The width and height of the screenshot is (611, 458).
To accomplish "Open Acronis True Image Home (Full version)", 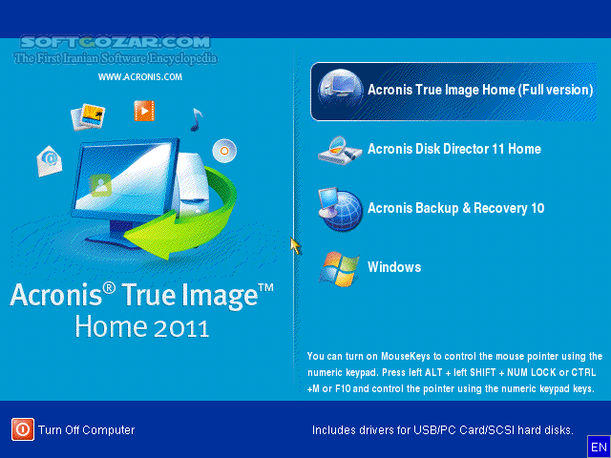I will (x=480, y=91).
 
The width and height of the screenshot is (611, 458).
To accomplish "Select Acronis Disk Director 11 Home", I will (x=454, y=149).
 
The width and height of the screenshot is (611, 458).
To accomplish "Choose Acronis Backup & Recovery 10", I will (x=455, y=208).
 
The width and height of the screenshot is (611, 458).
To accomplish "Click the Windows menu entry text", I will (x=394, y=267).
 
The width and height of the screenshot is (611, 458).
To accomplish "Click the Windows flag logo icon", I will (x=340, y=268).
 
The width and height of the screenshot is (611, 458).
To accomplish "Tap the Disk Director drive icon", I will (x=340, y=150).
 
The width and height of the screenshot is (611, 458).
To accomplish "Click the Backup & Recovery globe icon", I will (x=340, y=209).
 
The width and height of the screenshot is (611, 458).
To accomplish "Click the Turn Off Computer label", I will (x=86, y=430).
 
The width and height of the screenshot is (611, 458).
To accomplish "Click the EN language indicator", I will (x=599, y=447).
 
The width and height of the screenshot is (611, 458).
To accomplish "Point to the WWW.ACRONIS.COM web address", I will (x=140, y=77).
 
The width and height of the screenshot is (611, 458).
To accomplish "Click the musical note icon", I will (x=196, y=119).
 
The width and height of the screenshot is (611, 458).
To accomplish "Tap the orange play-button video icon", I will (x=144, y=112).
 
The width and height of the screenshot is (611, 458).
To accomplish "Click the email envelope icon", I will (x=49, y=161).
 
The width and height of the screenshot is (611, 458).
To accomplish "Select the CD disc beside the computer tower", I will (x=224, y=150).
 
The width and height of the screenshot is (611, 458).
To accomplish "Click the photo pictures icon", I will (x=87, y=117).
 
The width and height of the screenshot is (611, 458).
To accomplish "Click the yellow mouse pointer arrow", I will (x=295, y=246).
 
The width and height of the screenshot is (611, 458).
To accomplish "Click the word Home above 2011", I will (x=109, y=325).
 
